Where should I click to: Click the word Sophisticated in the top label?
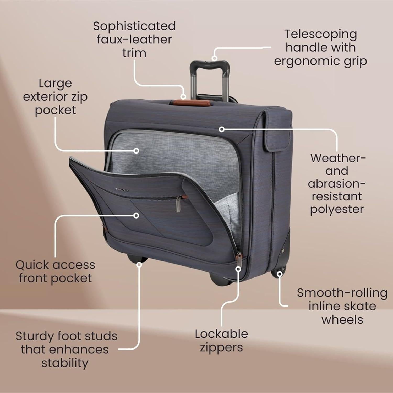coord(134,26)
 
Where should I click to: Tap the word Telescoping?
coord(320,35)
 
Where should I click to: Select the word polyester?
coord(337,210)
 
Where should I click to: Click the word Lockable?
coord(221,334)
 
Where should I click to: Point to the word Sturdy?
coord(34,336)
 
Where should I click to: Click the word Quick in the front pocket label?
coord(32,265)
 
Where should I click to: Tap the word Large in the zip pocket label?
coord(55,84)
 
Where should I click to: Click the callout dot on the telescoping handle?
coord(214,58)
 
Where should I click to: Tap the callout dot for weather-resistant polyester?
coord(222,129)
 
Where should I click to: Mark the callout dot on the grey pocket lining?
coord(136,151)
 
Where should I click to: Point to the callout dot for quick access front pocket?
coord(136,215)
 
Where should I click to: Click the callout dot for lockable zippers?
coord(238,269)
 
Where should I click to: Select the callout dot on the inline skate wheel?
coord(280,274)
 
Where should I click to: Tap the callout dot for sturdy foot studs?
coord(139,265)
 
